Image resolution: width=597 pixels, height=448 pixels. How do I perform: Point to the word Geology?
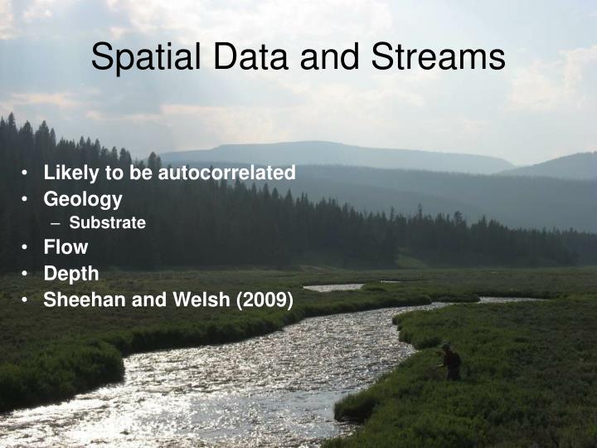point(83,199)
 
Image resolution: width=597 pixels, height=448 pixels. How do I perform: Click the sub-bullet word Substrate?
point(107,222)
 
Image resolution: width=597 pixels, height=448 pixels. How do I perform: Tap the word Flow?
point(66,246)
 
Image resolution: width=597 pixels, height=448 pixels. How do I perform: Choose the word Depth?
point(71,273)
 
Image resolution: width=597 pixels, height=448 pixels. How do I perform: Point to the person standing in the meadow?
point(450,362)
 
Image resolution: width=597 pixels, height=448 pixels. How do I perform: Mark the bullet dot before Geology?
point(27,200)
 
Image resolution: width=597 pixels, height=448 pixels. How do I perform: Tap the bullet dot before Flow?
point(27,247)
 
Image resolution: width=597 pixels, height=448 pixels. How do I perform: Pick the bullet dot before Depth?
point(27,274)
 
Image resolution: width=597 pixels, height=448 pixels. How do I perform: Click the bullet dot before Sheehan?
point(27,299)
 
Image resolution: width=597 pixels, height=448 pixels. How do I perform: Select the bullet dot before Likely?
point(27,174)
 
